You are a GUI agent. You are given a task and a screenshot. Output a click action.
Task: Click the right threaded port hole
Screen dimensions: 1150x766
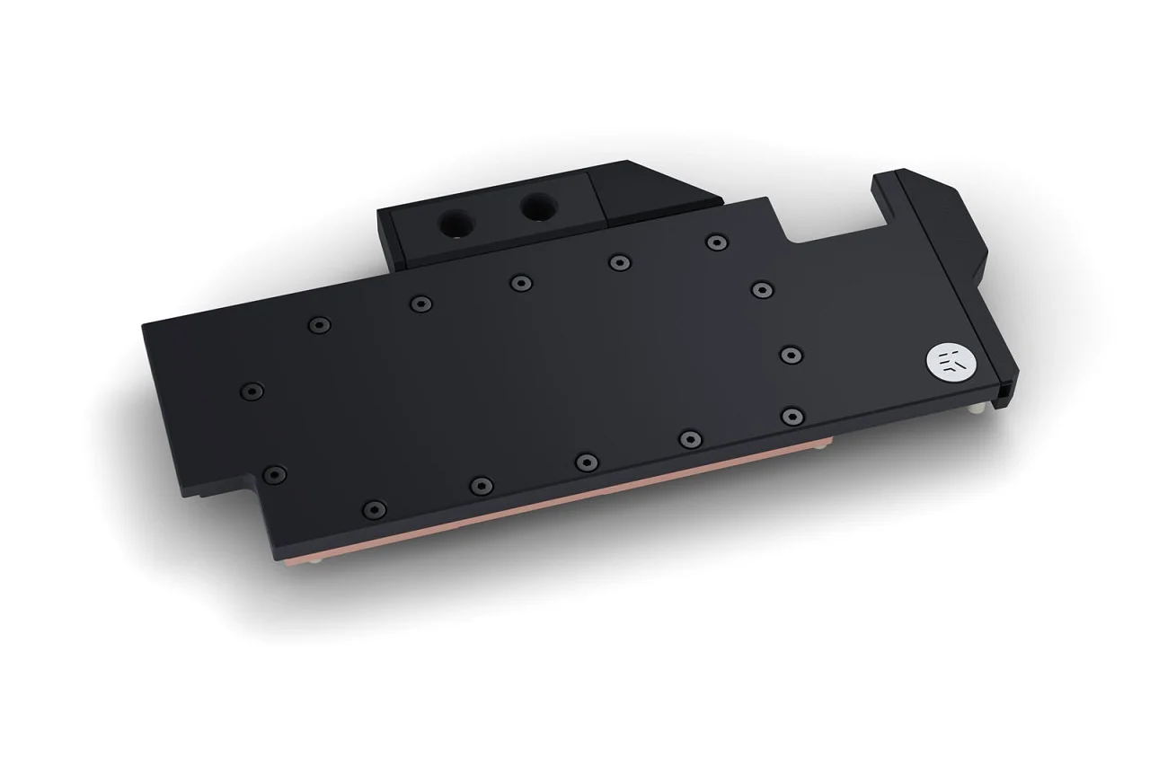point(537,207)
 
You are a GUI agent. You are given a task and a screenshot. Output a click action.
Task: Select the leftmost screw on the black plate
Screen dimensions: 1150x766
point(252,391)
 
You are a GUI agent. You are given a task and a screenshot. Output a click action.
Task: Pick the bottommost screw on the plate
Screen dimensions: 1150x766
point(375,508)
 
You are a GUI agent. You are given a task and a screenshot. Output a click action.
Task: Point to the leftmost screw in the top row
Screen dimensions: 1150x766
point(319,325)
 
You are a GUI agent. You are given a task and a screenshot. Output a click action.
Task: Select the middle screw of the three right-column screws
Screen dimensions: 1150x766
point(792,355)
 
